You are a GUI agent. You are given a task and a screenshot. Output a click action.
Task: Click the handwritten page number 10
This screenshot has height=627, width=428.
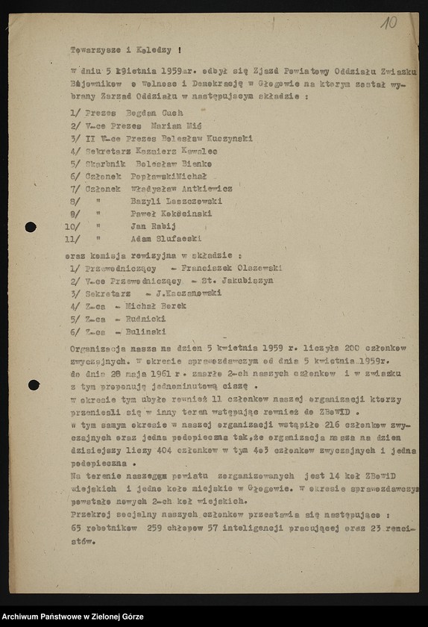(388, 22)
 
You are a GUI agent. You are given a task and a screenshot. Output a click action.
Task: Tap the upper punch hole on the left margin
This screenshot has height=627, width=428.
(31, 227)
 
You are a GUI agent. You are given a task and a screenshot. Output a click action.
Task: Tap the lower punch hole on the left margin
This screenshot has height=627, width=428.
(34, 385)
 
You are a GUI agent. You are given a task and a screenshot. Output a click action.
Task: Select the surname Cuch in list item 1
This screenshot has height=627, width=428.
(172, 113)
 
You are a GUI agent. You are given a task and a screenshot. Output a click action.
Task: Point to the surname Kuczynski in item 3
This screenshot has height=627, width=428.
(227, 138)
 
